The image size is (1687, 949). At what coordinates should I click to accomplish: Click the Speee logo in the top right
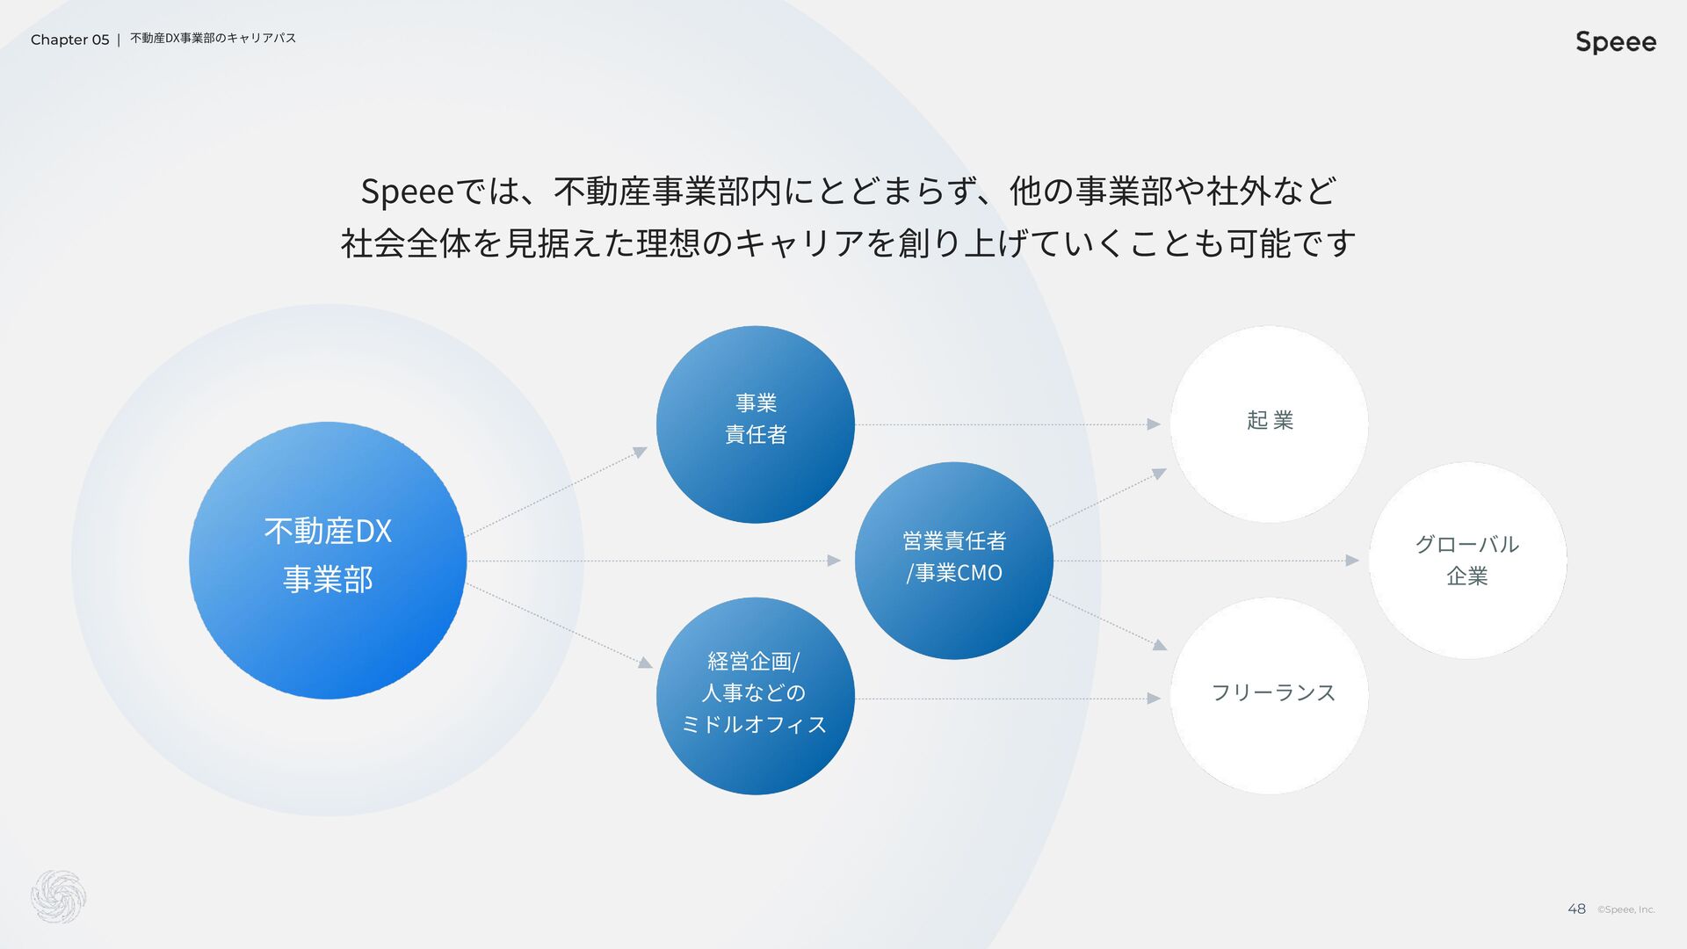pyautogui.click(x=1615, y=42)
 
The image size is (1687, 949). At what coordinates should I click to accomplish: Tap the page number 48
pyautogui.click(x=1576, y=909)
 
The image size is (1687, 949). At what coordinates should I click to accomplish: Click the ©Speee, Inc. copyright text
pyautogui.click(x=1625, y=910)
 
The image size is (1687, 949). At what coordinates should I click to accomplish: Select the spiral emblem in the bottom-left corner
pyautogui.click(x=58, y=897)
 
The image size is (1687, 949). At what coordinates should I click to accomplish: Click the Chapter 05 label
pyautogui.click(x=69, y=40)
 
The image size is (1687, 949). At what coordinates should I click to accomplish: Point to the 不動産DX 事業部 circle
pyautogui.click(x=328, y=561)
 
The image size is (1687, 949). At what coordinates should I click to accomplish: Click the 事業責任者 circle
pyautogui.click(x=755, y=424)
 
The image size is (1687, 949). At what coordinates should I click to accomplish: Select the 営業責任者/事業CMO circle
pyautogui.click(x=953, y=561)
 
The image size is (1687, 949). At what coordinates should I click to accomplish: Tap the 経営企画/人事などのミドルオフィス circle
pyautogui.click(x=755, y=696)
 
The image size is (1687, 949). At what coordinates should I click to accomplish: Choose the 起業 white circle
pyautogui.click(x=1269, y=424)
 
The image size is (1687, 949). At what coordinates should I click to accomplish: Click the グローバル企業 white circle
pyautogui.click(x=1467, y=561)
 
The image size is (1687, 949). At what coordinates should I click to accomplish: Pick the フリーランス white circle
pyautogui.click(x=1269, y=696)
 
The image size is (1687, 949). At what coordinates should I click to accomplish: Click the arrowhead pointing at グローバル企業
pyautogui.click(x=1352, y=561)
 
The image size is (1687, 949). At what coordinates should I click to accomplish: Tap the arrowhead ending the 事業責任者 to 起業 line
pyautogui.click(x=1154, y=424)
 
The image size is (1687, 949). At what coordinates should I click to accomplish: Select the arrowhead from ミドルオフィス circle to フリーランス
pyautogui.click(x=1154, y=699)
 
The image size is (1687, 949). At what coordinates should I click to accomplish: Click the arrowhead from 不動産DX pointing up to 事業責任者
pyautogui.click(x=641, y=453)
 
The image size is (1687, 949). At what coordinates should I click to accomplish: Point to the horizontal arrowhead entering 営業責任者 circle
pyautogui.click(x=834, y=561)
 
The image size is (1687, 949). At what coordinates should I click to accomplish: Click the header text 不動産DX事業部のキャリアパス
pyautogui.click(x=213, y=39)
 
